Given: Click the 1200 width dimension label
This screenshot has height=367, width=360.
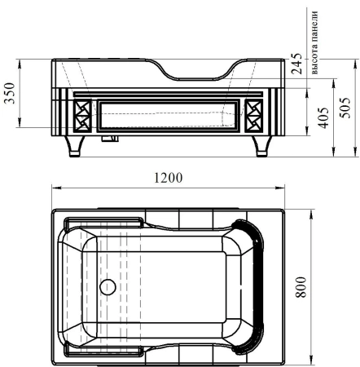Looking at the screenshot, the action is point(169,178).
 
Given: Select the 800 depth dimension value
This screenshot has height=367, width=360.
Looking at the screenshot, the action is point(301,287).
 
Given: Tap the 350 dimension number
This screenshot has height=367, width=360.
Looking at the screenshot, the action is point(10,93).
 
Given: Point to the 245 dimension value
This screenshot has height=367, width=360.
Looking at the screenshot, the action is point(296,64).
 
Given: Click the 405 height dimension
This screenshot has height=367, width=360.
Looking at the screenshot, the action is point(323,117).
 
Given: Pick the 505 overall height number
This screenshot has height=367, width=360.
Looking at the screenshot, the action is point(345,108).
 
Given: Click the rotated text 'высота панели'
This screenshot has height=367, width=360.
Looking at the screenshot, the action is point(314,42).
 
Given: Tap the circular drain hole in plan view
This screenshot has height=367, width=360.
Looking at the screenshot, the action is point(108,287).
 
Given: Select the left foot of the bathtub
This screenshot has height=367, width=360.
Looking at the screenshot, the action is point(74,146).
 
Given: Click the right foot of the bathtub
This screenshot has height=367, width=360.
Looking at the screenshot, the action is point(261,146).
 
